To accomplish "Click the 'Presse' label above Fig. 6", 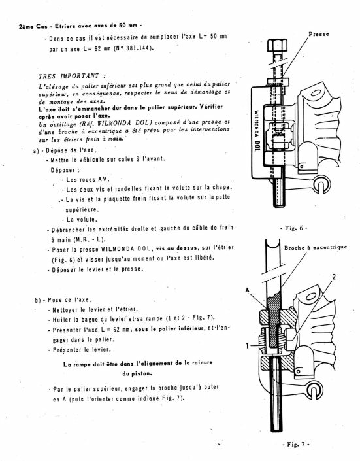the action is (319, 34).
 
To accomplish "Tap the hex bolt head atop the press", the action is (278, 46).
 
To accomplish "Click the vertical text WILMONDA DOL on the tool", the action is (257, 131).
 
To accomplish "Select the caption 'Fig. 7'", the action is (295, 444).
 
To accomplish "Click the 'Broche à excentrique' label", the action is (316, 248).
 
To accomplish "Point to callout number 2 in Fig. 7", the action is (334, 277).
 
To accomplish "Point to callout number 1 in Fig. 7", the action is (248, 346).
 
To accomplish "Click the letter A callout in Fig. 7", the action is (247, 290).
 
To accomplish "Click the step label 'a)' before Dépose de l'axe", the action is (36, 151).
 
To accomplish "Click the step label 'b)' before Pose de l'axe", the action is (38, 301).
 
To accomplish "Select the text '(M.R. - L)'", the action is (90, 239).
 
